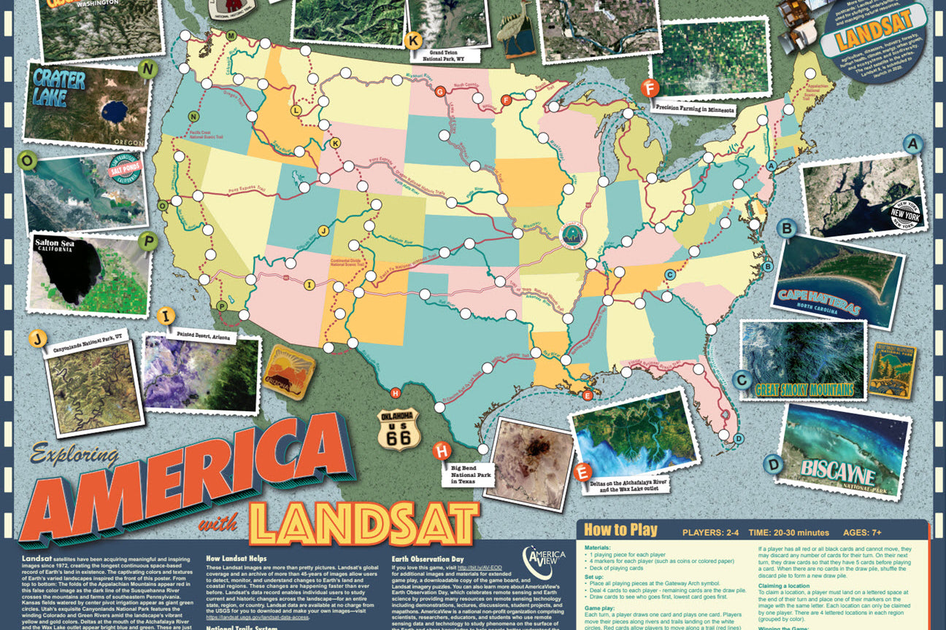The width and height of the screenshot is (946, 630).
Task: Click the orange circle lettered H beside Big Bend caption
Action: (x=442, y=451)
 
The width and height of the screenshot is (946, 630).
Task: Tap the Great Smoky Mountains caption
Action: (x=804, y=389)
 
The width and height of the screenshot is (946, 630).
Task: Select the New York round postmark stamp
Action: (x=906, y=215)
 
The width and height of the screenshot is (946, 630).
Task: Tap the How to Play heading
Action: (x=620, y=530)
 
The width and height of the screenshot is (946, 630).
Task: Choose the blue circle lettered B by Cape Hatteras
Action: (x=787, y=230)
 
